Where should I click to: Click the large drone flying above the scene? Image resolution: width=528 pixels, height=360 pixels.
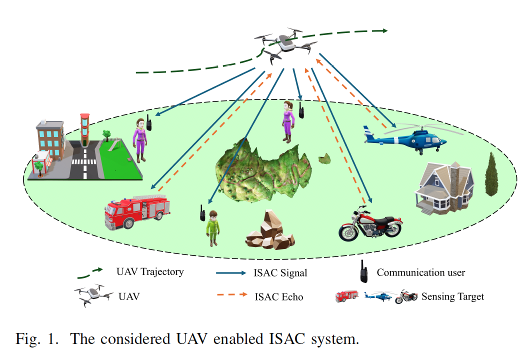tap(285, 44)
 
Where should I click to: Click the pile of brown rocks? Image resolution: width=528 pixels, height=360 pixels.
tap(269, 230)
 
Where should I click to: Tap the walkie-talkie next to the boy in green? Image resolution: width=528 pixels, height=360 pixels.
tap(202, 212)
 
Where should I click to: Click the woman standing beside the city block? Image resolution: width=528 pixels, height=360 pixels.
tap(139, 139)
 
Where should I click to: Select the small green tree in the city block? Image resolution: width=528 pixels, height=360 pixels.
tap(106, 133)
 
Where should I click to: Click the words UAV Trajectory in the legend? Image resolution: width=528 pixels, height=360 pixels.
tap(150, 272)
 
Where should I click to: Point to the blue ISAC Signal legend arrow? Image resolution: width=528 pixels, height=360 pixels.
tap(232, 273)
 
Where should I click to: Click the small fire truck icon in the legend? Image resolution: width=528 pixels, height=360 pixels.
tap(346, 295)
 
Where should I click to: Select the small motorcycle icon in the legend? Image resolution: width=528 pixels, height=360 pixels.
tap(406, 297)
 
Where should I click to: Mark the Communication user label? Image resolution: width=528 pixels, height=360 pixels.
tap(420, 272)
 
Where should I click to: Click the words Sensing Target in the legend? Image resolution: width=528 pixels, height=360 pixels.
tap(452, 296)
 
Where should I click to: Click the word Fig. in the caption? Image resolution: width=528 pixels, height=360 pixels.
tap(27, 339)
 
